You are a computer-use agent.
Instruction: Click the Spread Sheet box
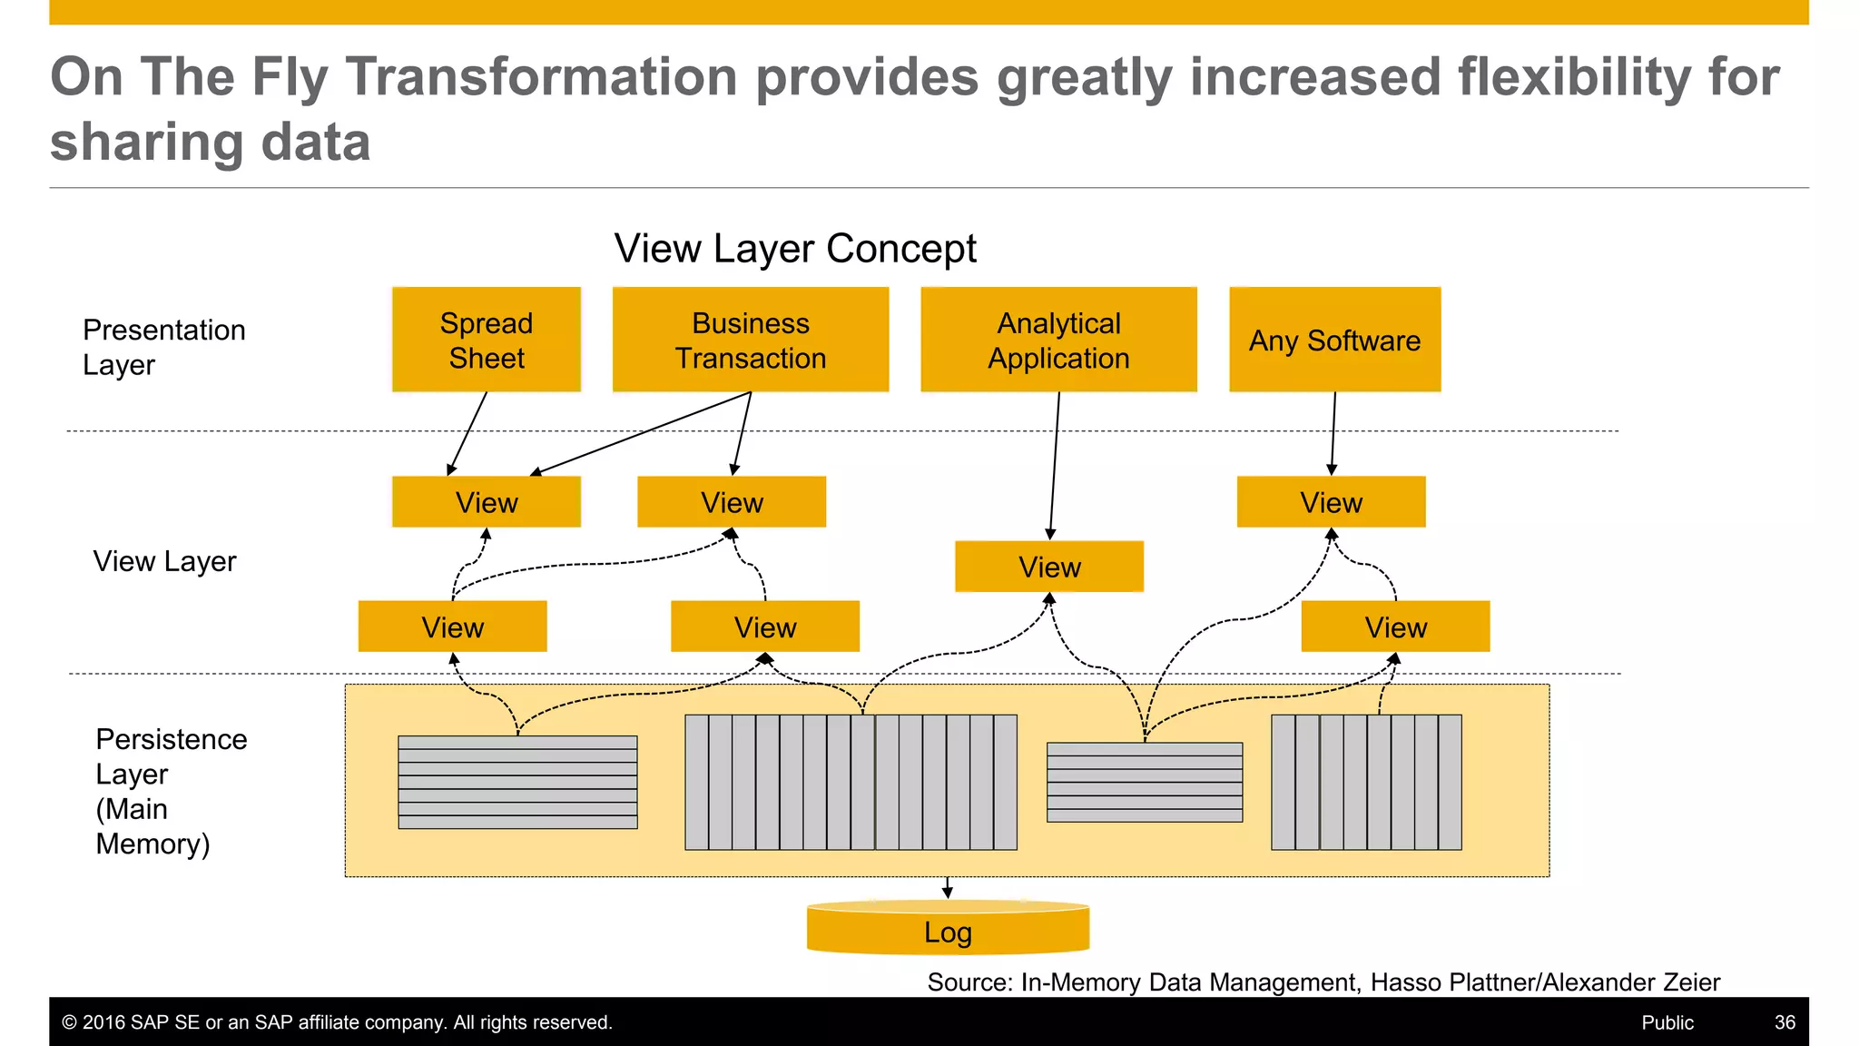click(x=487, y=340)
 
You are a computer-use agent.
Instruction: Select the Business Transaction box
click(x=751, y=340)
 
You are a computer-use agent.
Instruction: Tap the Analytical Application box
click(x=1058, y=340)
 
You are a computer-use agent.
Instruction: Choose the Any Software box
click(x=1334, y=340)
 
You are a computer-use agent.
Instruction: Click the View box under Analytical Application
click(x=1049, y=567)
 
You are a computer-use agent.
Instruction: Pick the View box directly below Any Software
click(x=1331, y=502)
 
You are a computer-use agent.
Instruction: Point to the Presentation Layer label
click(x=163, y=347)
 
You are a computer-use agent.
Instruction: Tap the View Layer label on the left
click(x=164, y=561)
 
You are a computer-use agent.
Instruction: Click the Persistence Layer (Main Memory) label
click(x=170, y=791)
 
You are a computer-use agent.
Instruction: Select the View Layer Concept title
click(x=795, y=248)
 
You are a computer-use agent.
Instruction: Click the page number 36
click(x=1785, y=1022)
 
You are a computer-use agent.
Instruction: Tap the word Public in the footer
click(x=1667, y=1022)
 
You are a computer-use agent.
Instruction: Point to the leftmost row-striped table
click(x=517, y=782)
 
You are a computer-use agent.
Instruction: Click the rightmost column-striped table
click(x=1366, y=782)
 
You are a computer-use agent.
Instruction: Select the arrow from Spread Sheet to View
click(x=467, y=433)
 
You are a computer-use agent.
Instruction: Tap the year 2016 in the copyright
click(x=103, y=1022)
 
